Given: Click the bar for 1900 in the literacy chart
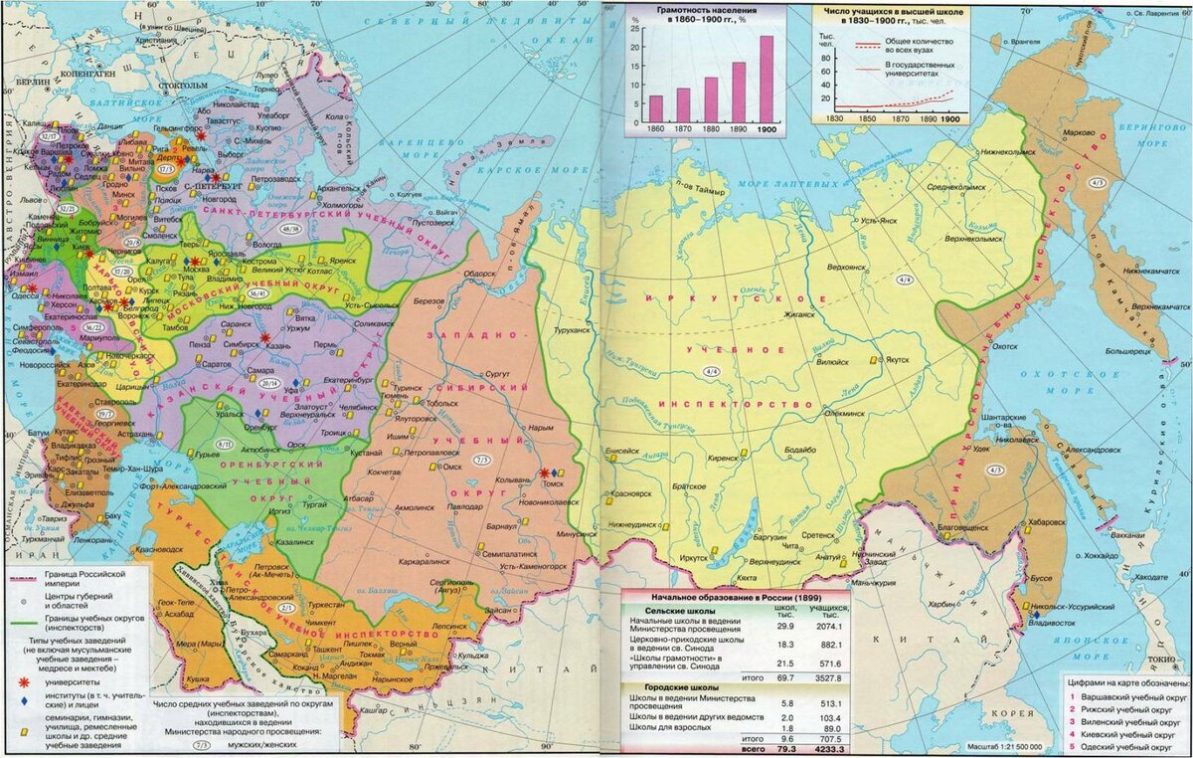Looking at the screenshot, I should pos(767,79).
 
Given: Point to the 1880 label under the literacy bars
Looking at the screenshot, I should pos(711,130).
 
